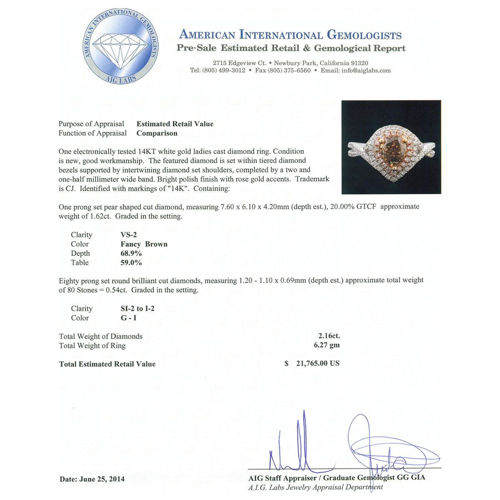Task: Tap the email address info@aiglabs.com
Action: click(x=367, y=70)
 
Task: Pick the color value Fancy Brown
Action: click(x=144, y=244)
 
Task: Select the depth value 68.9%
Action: click(x=131, y=253)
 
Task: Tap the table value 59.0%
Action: click(x=131, y=262)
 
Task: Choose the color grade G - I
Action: click(x=128, y=318)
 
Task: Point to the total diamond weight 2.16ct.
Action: click(x=326, y=336)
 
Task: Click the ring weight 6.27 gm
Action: click(x=327, y=345)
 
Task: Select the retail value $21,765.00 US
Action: click(x=312, y=363)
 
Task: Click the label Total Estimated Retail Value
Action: click(x=107, y=364)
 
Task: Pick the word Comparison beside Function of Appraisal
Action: click(x=157, y=133)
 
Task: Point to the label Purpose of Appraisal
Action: click(x=91, y=124)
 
